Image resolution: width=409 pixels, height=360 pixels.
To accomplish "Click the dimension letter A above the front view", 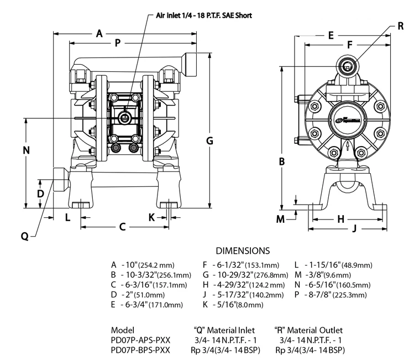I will pyautogui.click(x=99, y=34).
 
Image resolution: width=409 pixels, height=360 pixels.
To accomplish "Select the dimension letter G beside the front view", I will pyautogui.click(x=209, y=140).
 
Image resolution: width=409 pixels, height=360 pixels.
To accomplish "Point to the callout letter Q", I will pyautogui.click(x=24, y=236).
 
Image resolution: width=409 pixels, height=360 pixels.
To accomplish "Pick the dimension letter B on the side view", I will pyautogui.click(x=281, y=162).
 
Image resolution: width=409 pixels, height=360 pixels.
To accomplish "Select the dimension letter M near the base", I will pyautogui.click(x=280, y=219).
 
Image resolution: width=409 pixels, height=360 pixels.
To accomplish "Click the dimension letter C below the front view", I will pyautogui.click(x=123, y=227).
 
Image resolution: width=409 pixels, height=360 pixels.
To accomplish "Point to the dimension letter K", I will pyautogui.click(x=151, y=217).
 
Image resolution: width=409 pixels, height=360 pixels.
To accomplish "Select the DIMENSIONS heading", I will pyautogui.click(x=243, y=251).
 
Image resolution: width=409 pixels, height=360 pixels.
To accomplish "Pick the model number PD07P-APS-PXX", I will pyautogui.click(x=141, y=340).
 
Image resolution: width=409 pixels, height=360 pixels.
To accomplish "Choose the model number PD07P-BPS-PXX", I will pyautogui.click(x=141, y=350).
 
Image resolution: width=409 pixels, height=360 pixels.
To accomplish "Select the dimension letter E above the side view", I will pyautogui.click(x=331, y=35).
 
